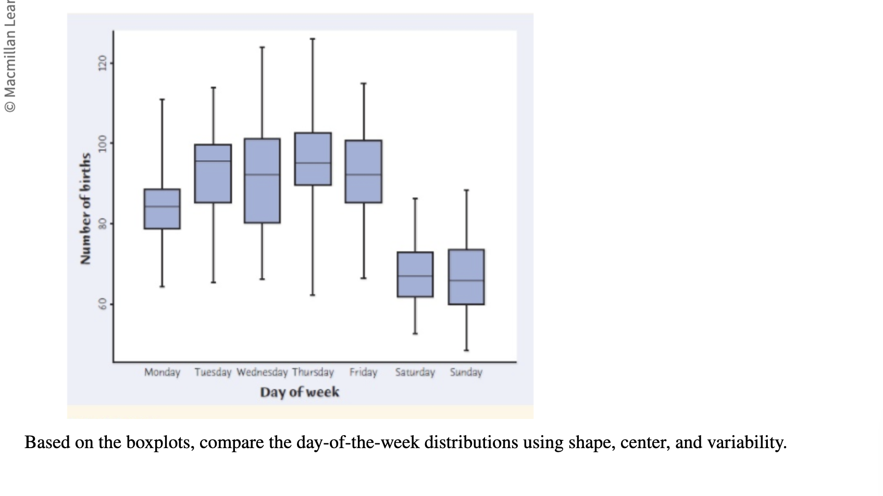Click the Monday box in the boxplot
point(162,209)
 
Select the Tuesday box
point(213,173)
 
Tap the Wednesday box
point(262,181)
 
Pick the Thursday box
point(313,159)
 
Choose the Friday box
point(363,171)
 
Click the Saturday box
point(415,274)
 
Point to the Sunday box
point(466,277)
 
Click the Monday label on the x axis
point(162,372)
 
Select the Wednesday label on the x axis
point(262,372)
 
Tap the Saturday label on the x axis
point(415,372)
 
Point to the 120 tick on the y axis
point(103,63)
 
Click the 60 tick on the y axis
point(103,303)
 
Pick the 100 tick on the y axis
point(103,143)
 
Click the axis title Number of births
point(85,208)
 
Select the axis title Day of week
point(300,392)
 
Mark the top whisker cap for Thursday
point(313,39)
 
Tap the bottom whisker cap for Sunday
point(466,350)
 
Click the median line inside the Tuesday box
point(213,161)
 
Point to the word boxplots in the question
point(159,442)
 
